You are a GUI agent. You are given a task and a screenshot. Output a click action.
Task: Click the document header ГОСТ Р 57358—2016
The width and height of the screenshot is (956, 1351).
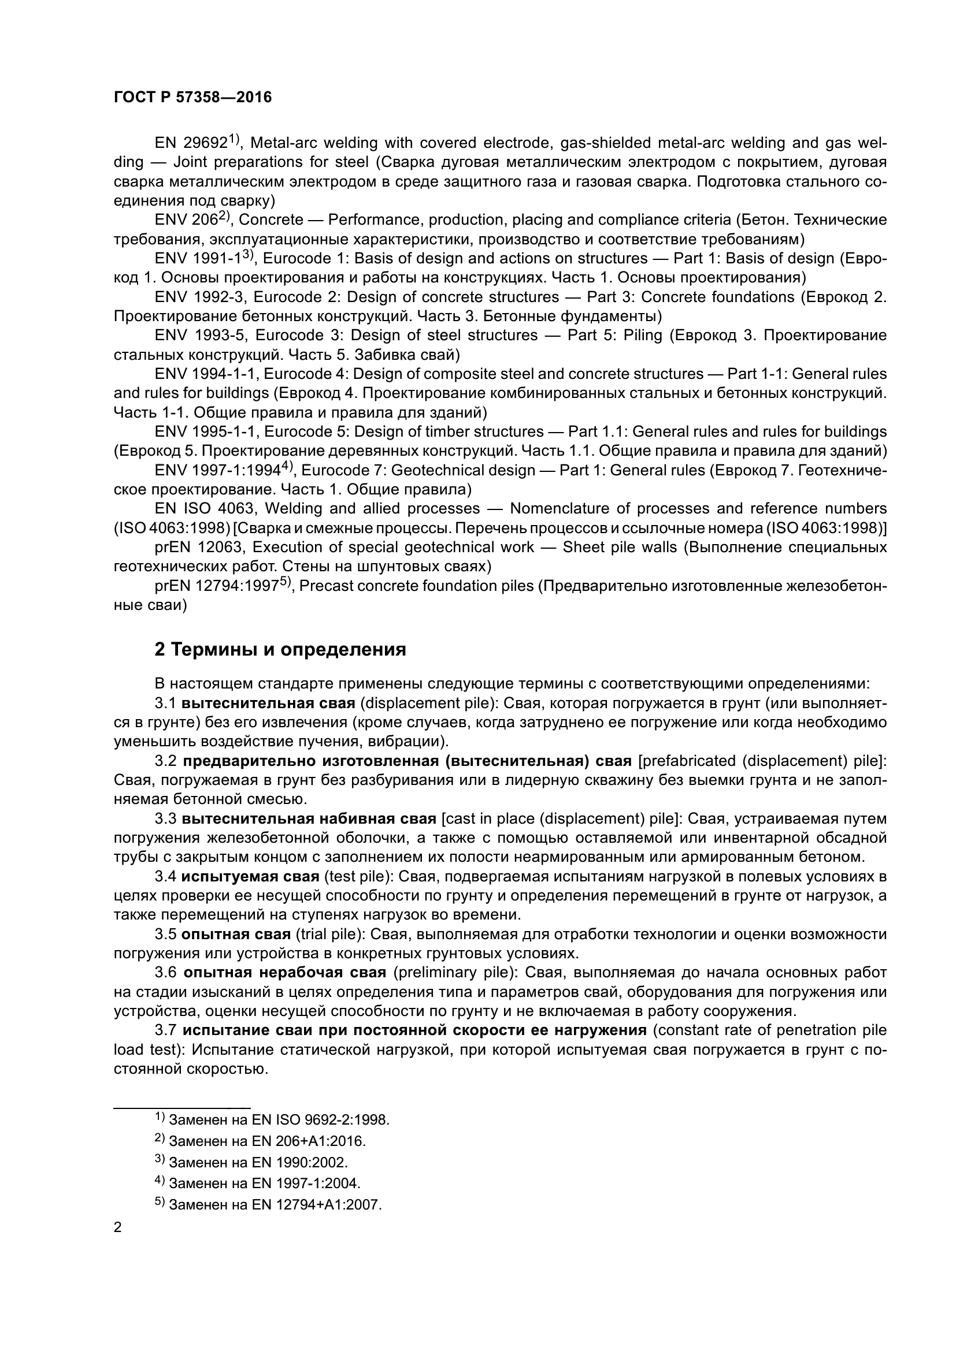point(192,98)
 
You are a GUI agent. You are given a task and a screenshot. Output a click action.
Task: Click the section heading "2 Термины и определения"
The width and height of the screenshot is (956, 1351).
point(280,650)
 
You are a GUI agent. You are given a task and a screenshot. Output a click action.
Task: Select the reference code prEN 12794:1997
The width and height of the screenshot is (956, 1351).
point(216,586)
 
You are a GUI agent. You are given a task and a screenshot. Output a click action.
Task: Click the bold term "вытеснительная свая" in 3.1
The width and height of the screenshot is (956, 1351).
point(268,703)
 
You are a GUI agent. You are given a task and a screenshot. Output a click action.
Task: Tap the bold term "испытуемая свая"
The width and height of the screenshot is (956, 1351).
point(250,877)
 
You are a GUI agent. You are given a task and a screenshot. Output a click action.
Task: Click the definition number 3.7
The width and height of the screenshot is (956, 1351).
point(165,1030)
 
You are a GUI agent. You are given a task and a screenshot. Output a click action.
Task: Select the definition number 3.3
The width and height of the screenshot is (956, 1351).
point(165,818)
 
